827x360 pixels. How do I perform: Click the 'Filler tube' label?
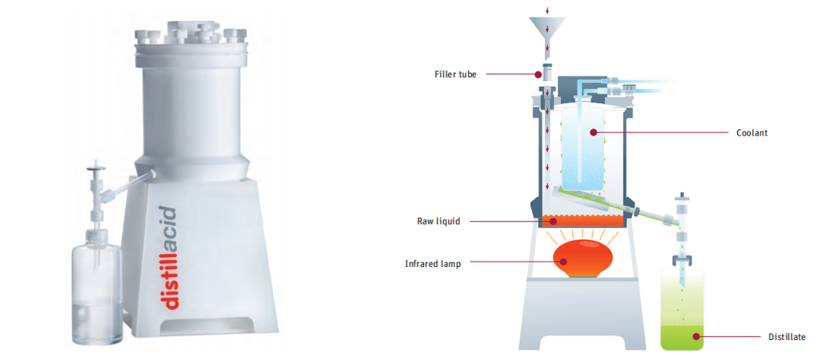(x=455, y=75)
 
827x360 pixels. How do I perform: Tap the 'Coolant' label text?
(x=752, y=133)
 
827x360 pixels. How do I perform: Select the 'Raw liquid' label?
(x=438, y=221)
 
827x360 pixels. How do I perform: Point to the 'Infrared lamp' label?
(x=434, y=263)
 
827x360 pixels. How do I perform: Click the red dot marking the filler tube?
(x=539, y=75)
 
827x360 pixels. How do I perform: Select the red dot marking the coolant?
(x=593, y=132)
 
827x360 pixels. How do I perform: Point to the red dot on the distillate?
(x=696, y=337)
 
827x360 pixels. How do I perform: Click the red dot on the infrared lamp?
(x=561, y=263)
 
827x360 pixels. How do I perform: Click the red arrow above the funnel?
(x=548, y=10)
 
